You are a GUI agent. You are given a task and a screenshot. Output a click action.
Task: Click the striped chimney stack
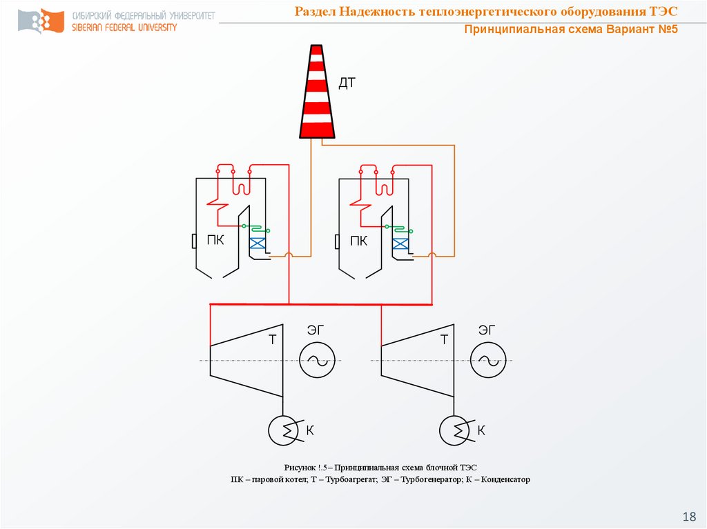[x=317, y=92]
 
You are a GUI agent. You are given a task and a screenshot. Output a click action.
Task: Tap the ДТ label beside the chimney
[x=347, y=83]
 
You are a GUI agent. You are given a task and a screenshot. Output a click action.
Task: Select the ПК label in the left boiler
[x=215, y=240]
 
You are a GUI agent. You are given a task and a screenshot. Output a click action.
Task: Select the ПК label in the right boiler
[x=359, y=241]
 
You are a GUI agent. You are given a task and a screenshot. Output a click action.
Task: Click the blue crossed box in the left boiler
[x=257, y=243]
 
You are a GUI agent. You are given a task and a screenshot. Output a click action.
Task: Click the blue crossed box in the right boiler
[x=400, y=244]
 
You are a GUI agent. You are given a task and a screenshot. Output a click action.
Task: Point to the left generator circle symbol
[x=317, y=360]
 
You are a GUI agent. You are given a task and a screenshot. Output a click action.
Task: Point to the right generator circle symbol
[x=488, y=360]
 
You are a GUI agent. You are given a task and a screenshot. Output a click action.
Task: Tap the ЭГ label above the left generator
[x=316, y=330]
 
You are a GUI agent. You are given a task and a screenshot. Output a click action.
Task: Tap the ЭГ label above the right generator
[x=487, y=330]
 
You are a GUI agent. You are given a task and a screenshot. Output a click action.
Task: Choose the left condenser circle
[x=283, y=430]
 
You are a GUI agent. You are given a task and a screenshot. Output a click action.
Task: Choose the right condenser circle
[x=454, y=430]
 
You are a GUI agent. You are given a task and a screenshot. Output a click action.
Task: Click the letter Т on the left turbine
[x=272, y=339]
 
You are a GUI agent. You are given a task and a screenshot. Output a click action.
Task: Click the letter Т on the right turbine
[x=444, y=339]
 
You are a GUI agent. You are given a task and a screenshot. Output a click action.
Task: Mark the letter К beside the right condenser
[x=481, y=430]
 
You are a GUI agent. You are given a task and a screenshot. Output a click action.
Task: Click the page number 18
[x=690, y=516]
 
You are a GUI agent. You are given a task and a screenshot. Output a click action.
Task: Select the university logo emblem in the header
[x=41, y=21]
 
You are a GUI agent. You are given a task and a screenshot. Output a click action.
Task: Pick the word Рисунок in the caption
[x=300, y=468]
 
